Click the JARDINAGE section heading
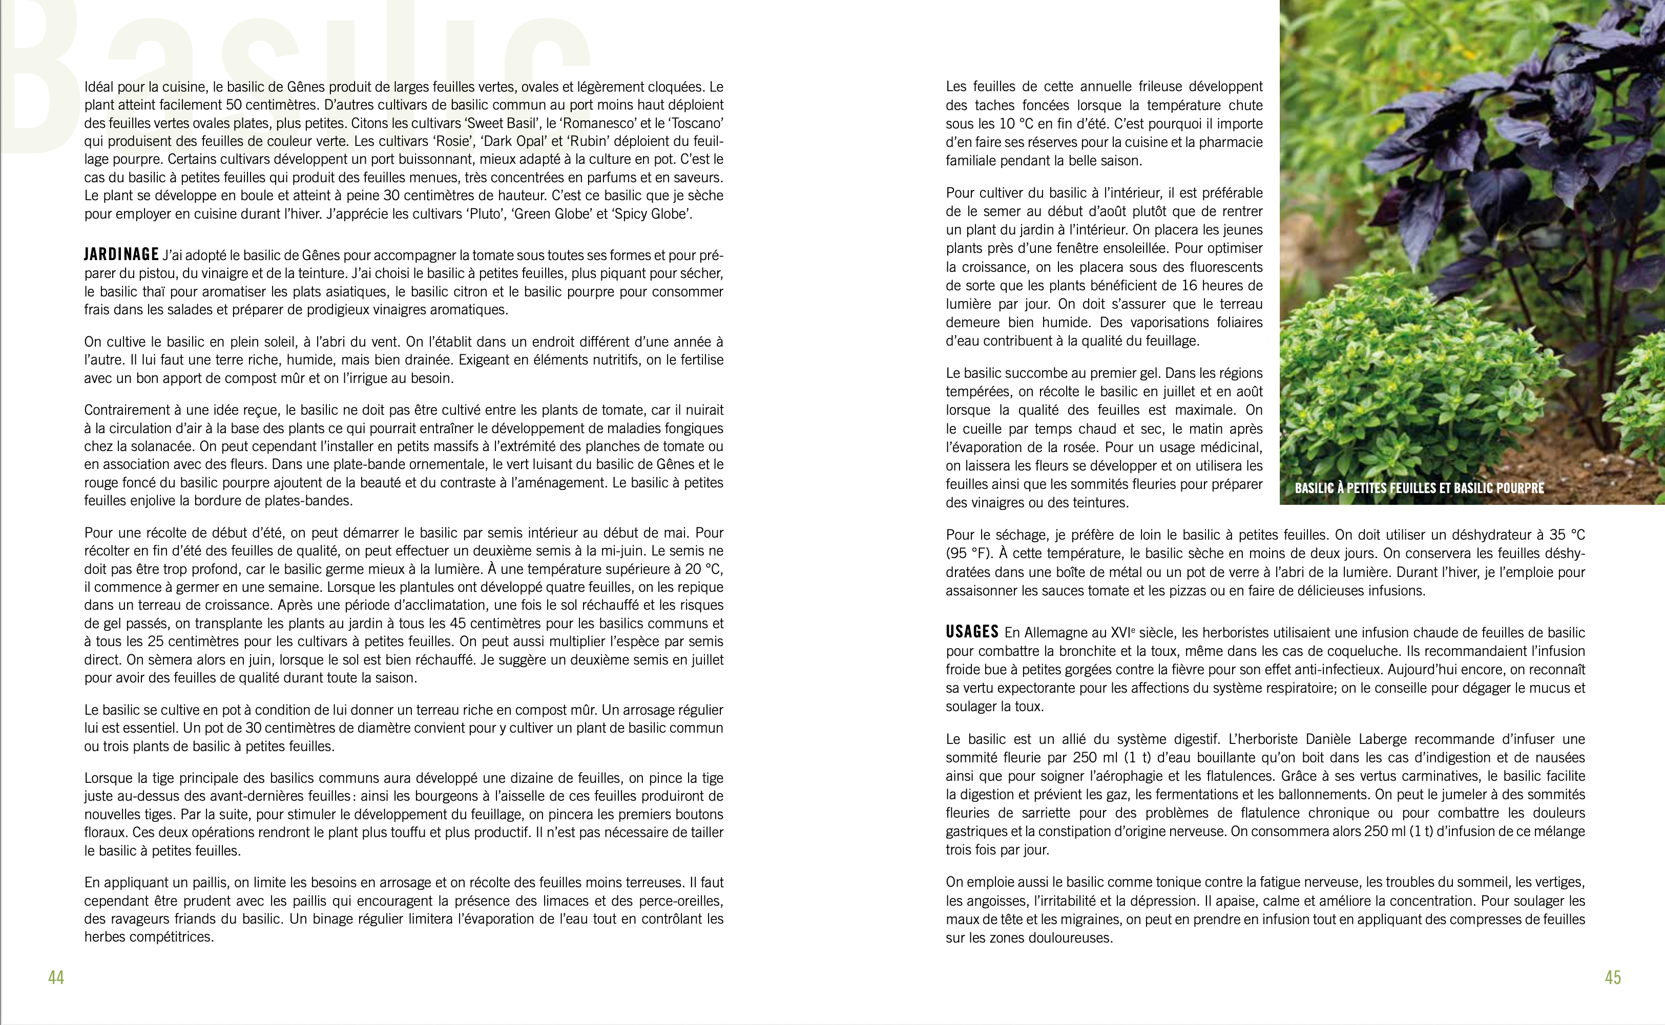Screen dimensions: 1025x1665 pyautogui.click(x=121, y=255)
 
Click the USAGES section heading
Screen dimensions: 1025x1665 pyautogui.click(x=972, y=632)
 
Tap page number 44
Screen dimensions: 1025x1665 pyautogui.click(x=56, y=977)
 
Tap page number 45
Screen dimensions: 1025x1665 pyautogui.click(x=1613, y=977)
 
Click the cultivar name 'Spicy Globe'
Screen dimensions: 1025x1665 pyautogui.click(x=651, y=214)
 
